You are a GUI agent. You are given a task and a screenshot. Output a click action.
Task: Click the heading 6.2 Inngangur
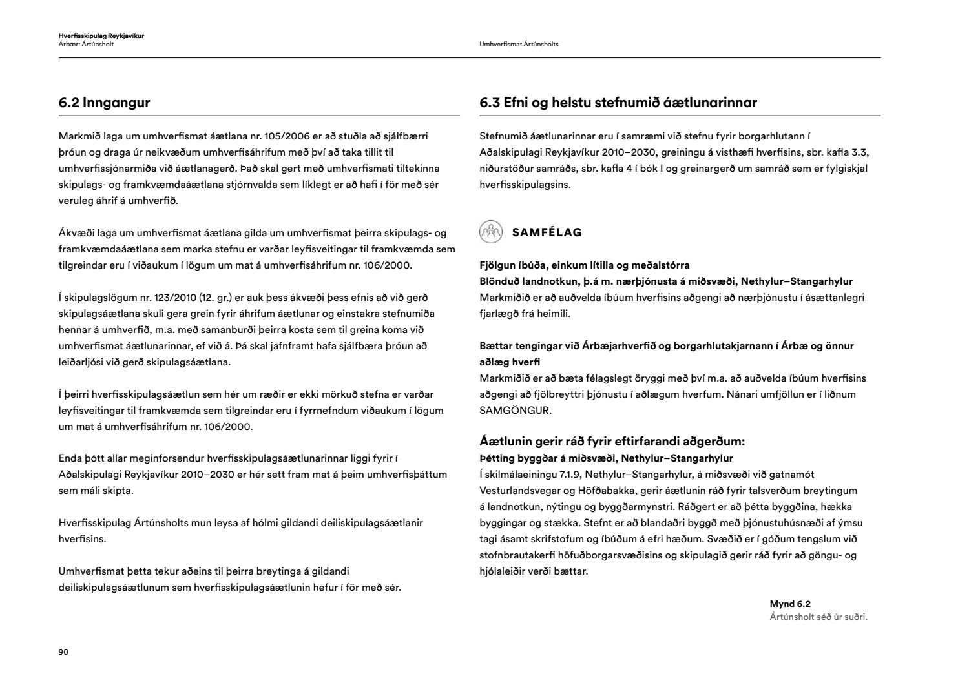104,103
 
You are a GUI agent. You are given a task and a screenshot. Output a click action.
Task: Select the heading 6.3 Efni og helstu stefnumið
618,103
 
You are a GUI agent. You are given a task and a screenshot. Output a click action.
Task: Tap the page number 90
63,652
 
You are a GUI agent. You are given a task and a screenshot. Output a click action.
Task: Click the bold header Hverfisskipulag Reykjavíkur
101,36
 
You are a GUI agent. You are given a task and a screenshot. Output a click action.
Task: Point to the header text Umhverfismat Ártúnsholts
519,45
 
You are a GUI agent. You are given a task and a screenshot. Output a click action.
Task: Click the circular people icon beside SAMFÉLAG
491,232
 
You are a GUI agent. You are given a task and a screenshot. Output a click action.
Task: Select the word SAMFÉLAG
547,232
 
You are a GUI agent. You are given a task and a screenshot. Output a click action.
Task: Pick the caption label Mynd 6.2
789,604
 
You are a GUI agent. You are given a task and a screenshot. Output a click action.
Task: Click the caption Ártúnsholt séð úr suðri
818,617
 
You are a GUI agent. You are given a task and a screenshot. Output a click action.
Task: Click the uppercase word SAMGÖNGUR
515,410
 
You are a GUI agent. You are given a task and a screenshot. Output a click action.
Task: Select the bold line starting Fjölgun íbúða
584,265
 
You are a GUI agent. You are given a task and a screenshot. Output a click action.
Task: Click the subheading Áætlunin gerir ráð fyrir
612,442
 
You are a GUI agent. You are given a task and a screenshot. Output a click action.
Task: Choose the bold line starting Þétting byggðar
606,458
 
